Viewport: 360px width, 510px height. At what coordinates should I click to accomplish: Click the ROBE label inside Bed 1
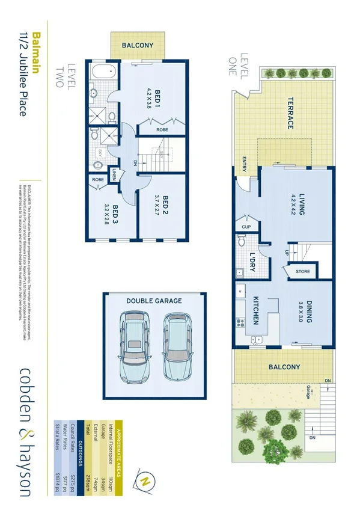[162, 129]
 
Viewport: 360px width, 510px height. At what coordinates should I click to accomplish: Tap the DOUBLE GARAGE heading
[154, 301]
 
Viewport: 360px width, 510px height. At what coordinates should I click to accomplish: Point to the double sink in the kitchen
[258, 339]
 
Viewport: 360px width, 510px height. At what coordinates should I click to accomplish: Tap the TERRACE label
[289, 113]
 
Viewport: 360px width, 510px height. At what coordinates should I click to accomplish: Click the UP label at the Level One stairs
[287, 253]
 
